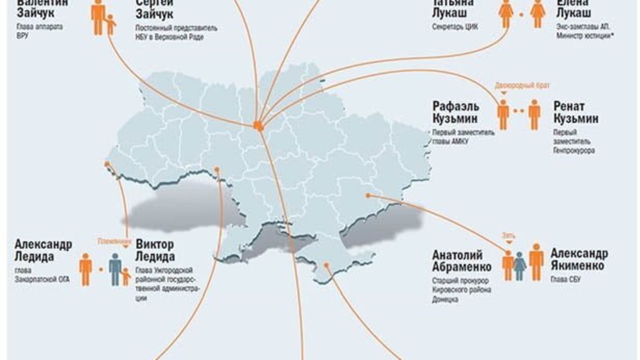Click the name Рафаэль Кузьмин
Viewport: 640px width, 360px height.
tap(455, 112)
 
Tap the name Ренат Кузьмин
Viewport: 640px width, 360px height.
tap(576, 112)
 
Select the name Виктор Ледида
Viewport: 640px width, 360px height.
tap(155, 250)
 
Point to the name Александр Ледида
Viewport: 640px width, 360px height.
tap(43, 250)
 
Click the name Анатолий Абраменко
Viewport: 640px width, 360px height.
tap(462, 261)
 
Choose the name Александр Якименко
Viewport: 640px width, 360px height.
tap(579, 260)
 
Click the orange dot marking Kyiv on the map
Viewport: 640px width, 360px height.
tap(258, 125)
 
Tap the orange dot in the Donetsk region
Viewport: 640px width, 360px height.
tap(368, 195)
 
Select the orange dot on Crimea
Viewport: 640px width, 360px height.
tap(326, 265)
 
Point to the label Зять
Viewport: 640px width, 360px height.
tap(508, 236)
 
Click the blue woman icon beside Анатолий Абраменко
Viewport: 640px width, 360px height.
tap(519, 266)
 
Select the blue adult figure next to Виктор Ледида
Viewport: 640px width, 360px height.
tap(115, 269)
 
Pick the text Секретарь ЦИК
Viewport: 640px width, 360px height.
tap(455, 27)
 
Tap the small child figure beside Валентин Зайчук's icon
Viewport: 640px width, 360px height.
tap(110, 25)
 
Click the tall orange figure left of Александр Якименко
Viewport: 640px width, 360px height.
tap(536, 262)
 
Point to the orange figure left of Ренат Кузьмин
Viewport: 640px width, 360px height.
tap(503, 114)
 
